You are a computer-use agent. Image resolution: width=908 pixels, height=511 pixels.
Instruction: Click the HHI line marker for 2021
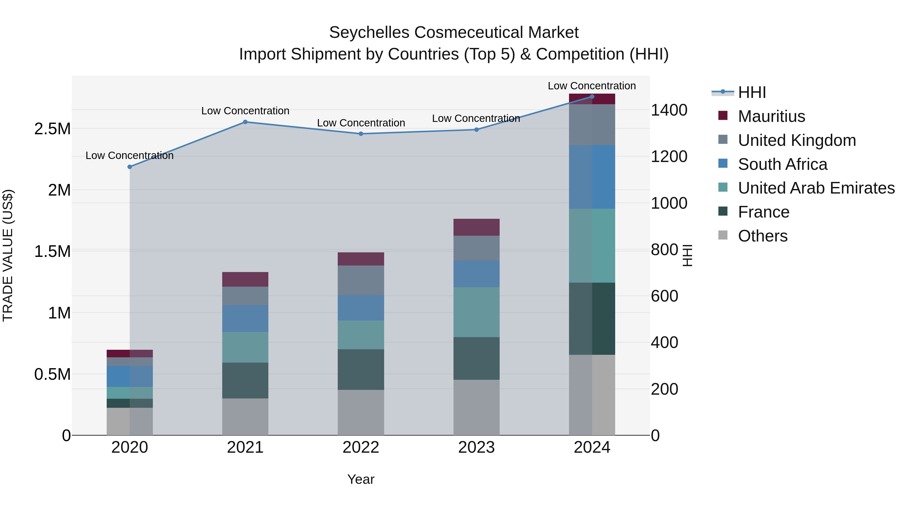[245, 122]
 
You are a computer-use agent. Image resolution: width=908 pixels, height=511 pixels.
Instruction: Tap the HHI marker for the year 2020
[130, 167]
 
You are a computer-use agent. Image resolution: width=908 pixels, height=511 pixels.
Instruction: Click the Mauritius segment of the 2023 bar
[476, 227]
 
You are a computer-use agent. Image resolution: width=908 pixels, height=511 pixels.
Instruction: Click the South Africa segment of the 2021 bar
[245, 318]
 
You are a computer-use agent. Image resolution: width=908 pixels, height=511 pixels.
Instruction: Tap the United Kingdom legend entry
[797, 140]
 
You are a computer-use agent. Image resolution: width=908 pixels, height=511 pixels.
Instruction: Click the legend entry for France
[763, 212]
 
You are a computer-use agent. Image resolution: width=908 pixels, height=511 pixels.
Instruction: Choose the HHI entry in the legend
[752, 92]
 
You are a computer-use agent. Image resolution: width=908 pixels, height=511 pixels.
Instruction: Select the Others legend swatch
[723, 235]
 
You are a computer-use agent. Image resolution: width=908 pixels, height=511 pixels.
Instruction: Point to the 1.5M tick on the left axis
[52, 251]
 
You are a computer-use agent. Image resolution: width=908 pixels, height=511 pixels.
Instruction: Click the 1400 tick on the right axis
[669, 110]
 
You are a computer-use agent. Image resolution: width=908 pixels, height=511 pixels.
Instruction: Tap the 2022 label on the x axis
[361, 447]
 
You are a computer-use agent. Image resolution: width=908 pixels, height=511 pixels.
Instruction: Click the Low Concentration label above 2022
[361, 123]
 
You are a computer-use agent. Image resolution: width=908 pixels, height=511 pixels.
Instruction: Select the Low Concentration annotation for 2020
[130, 155]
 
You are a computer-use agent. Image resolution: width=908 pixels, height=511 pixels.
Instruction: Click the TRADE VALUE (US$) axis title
[8, 255]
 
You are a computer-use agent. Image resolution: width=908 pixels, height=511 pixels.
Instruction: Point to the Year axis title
[361, 479]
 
